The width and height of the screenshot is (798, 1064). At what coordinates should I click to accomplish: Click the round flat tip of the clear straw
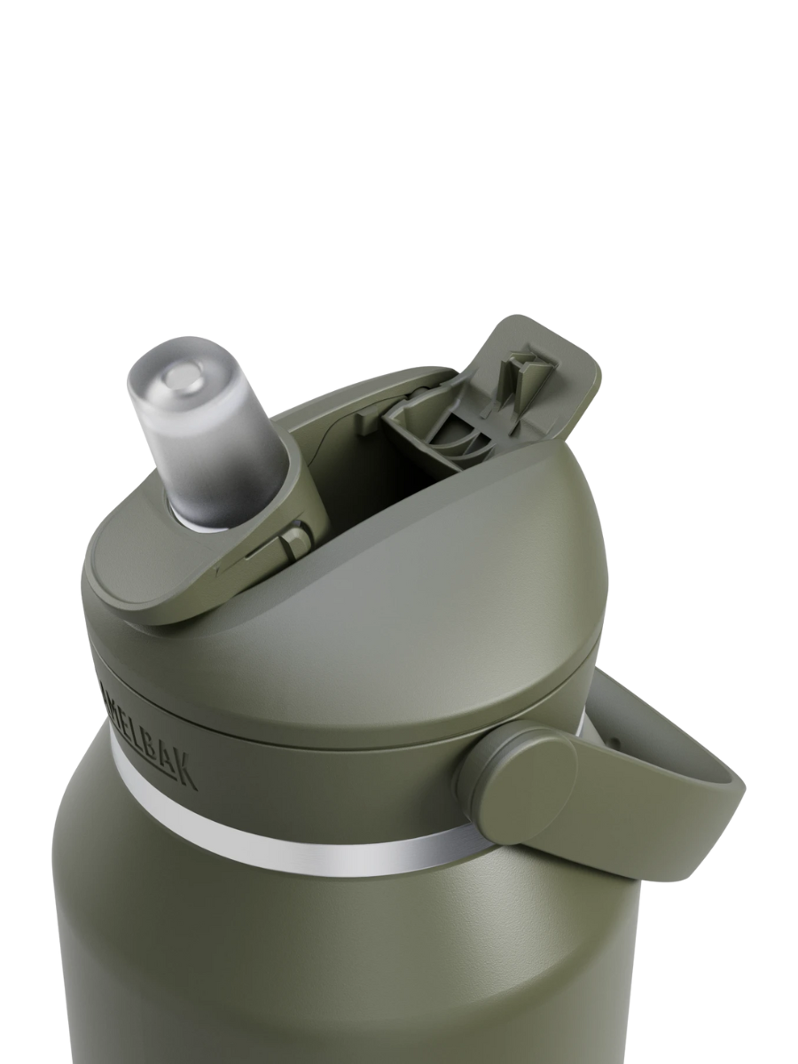point(184,379)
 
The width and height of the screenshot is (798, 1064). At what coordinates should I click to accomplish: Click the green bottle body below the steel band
point(310,958)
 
